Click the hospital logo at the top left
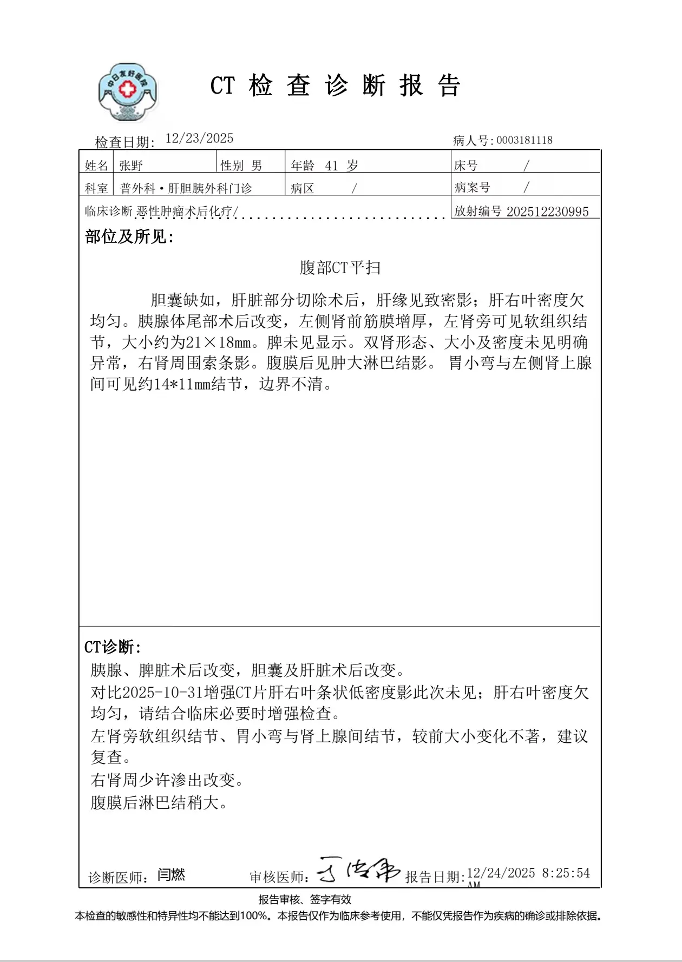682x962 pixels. [128, 92]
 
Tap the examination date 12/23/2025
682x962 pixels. [199, 139]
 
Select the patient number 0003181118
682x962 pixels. [524, 141]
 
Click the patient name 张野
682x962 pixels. [131, 166]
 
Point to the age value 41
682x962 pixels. [331, 166]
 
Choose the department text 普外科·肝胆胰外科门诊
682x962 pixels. [186, 188]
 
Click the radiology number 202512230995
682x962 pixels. [547, 212]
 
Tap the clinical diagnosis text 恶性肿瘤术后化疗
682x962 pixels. [184, 212]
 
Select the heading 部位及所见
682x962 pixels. [129, 237]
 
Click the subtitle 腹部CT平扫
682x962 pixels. [340, 268]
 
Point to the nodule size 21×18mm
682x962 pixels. [219, 342]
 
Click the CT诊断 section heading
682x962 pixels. [112, 647]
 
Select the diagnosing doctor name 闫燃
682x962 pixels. [171, 875]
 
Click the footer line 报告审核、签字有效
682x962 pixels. [305, 900]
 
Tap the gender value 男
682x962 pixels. [257, 166]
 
